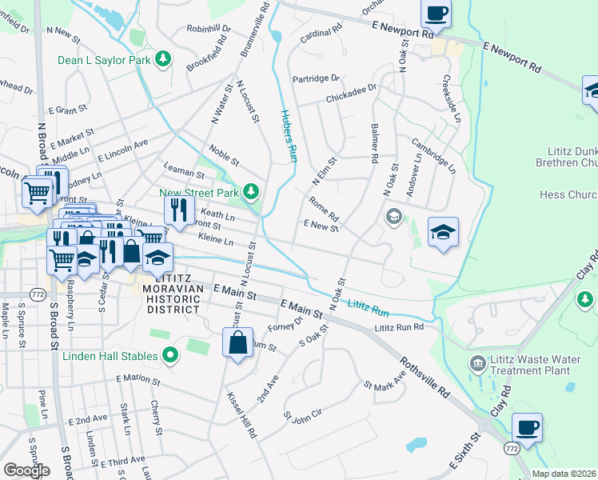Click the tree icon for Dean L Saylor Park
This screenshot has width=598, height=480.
click(x=163, y=59)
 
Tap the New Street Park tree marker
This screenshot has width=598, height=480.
click(x=251, y=191)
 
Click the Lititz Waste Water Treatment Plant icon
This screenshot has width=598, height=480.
click(x=477, y=364)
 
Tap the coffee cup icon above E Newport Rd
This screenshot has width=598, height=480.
click(x=437, y=14)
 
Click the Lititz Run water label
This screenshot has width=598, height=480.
click(x=369, y=306)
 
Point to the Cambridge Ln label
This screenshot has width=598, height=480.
click(x=433, y=155)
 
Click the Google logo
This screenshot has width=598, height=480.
click(x=26, y=470)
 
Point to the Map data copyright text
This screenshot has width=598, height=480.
click(x=564, y=474)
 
